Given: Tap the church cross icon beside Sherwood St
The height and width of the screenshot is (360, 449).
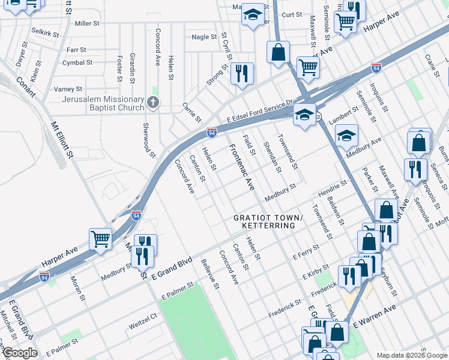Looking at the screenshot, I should [x=153, y=103].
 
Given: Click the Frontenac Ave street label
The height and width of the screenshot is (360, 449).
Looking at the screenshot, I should [x=241, y=167].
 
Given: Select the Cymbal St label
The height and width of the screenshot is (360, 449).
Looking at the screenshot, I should [x=77, y=62].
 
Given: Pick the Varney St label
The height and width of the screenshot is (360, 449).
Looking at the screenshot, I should [x=68, y=89].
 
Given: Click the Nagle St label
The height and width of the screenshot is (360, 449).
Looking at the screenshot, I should [x=204, y=37].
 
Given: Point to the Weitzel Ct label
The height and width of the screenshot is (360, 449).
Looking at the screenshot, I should [x=142, y=327].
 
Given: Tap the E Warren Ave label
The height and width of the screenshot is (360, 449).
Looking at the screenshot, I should [x=375, y=316].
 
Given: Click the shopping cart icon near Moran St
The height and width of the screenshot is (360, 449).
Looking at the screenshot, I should [x=100, y=238].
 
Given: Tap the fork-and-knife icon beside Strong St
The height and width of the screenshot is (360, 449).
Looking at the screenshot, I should [x=242, y=74].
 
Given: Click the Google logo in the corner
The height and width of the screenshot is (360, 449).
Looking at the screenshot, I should [x=19, y=353].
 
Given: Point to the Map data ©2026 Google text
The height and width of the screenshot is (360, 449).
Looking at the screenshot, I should [x=411, y=355].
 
